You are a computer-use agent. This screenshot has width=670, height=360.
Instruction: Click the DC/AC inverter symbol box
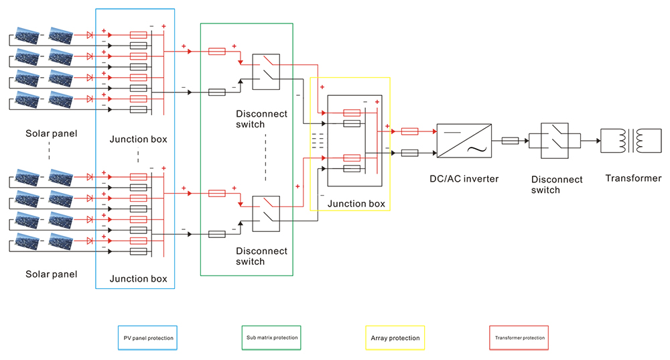coord(463,141)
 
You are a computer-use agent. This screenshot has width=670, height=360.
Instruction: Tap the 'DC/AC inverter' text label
coord(464,178)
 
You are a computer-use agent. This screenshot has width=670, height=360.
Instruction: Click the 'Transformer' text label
coord(633,178)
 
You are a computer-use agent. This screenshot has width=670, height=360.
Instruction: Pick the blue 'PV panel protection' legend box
coord(148,338)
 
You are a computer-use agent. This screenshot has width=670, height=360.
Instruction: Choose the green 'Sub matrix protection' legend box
coord(271,337)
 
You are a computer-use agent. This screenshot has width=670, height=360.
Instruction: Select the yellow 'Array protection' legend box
coord(395,338)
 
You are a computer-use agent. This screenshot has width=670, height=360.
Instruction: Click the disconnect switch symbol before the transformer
coord(555,141)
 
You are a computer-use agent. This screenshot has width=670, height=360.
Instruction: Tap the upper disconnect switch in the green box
coord(266,72)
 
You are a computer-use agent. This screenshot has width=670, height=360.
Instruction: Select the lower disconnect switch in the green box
coord(266,213)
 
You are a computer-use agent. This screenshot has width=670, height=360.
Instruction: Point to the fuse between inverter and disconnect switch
coord(510,141)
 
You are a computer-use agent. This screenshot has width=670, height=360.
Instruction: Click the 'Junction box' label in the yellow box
coord(358,204)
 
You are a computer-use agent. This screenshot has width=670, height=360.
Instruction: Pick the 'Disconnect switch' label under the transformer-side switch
coord(557,184)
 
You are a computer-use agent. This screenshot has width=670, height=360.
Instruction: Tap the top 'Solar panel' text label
coord(51,133)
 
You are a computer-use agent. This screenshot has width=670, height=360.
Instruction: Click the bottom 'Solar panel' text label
coord(51,274)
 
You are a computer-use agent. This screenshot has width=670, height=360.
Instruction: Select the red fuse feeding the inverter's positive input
coord(410,131)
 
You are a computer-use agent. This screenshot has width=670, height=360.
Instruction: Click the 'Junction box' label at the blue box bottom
coord(138,279)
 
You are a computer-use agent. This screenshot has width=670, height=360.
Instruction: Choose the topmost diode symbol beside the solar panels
coord(89,35)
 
